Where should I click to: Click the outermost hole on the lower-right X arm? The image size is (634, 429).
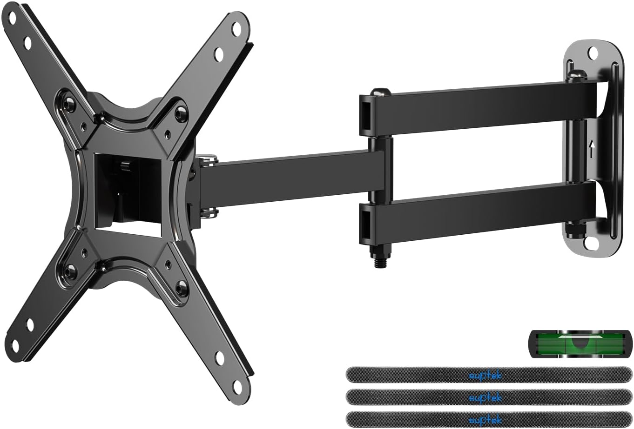point(238,384)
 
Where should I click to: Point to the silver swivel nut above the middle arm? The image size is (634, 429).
point(208,160)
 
